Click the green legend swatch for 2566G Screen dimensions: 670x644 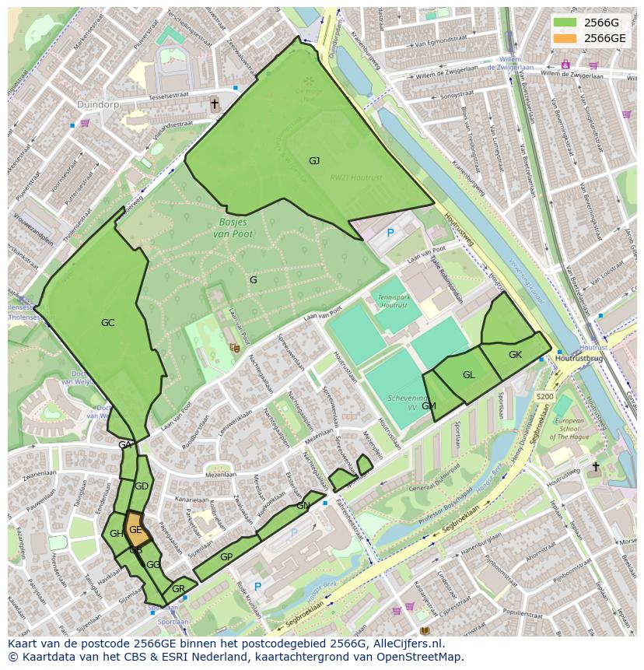(565, 23)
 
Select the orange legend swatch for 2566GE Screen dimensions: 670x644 (565, 37)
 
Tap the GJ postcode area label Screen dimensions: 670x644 (314, 161)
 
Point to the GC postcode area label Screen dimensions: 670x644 (107, 322)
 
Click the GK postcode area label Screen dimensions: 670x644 (515, 355)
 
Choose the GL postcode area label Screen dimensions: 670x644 (468, 375)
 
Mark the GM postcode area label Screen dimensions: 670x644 (429, 405)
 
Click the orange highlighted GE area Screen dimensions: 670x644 (135, 529)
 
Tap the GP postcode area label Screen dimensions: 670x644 (226, 557)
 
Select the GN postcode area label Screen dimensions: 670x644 (303, 505)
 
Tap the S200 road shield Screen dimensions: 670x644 (544, 396)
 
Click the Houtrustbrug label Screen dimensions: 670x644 (579, 358)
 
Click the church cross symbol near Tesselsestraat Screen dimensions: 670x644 (214, 103)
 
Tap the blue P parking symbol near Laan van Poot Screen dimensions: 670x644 (390, 232)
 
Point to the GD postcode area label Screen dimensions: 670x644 (141, 486)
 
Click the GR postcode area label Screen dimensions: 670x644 (178, 588)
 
